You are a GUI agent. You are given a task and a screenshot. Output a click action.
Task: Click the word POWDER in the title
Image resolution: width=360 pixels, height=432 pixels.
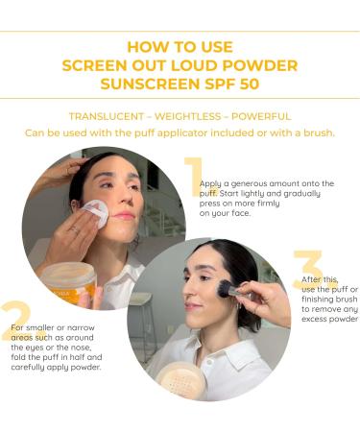(x=255, y=65)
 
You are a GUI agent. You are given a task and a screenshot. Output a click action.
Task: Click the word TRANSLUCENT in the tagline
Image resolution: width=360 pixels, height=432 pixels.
(x=107, y=116)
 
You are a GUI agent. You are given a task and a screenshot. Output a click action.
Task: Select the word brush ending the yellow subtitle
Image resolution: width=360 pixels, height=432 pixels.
(x=316, y=132)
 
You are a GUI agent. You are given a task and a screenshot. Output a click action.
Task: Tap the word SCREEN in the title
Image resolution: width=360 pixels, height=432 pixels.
(x=95, y=65)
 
